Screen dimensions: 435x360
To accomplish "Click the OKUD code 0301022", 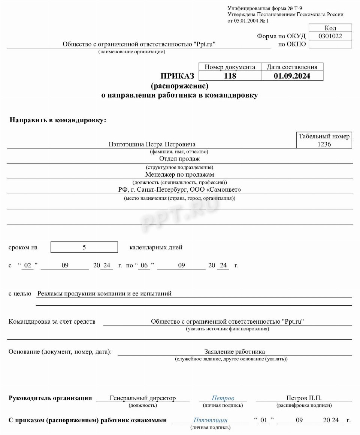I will (330, 36).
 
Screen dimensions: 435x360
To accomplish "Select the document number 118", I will (230, 76).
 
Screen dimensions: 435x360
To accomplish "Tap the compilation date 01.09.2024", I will (292, 76).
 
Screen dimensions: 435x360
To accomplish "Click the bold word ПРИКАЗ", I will (178, 76).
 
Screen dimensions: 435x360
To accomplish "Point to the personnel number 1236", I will (324, 144).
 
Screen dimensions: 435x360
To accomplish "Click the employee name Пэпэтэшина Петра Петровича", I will (152, 144).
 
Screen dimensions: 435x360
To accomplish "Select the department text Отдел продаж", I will (179, 159).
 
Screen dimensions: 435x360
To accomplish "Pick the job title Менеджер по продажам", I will (179, 174).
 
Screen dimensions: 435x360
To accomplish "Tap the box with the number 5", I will (84, 247).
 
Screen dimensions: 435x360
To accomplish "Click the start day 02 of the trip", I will (27, 265).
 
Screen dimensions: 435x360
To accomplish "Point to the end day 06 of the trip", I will (144, 265).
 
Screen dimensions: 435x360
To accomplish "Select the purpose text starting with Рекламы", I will (104, 293).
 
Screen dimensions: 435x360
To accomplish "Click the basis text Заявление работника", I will (235, 351).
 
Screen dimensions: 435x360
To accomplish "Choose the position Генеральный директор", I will (143, 398).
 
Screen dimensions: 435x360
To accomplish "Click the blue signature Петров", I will (223, 398).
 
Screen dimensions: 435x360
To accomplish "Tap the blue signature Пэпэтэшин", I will (210, 420).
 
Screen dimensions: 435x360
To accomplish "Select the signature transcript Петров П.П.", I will (304, 398).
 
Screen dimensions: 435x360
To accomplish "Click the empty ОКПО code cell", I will (330, 44).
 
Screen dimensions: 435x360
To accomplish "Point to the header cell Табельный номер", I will (324, 136).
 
